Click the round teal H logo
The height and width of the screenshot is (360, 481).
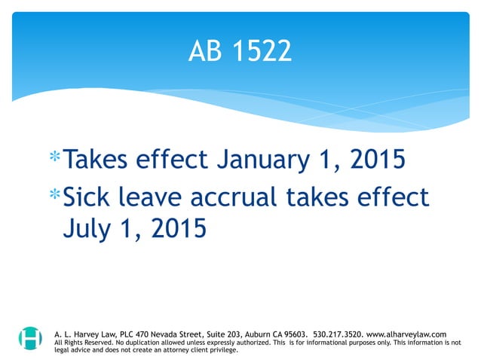click(x=31, y=338)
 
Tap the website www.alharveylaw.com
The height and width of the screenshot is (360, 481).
click(x=406, y=333)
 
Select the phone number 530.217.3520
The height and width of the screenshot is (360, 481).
click(x=337, y=333)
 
